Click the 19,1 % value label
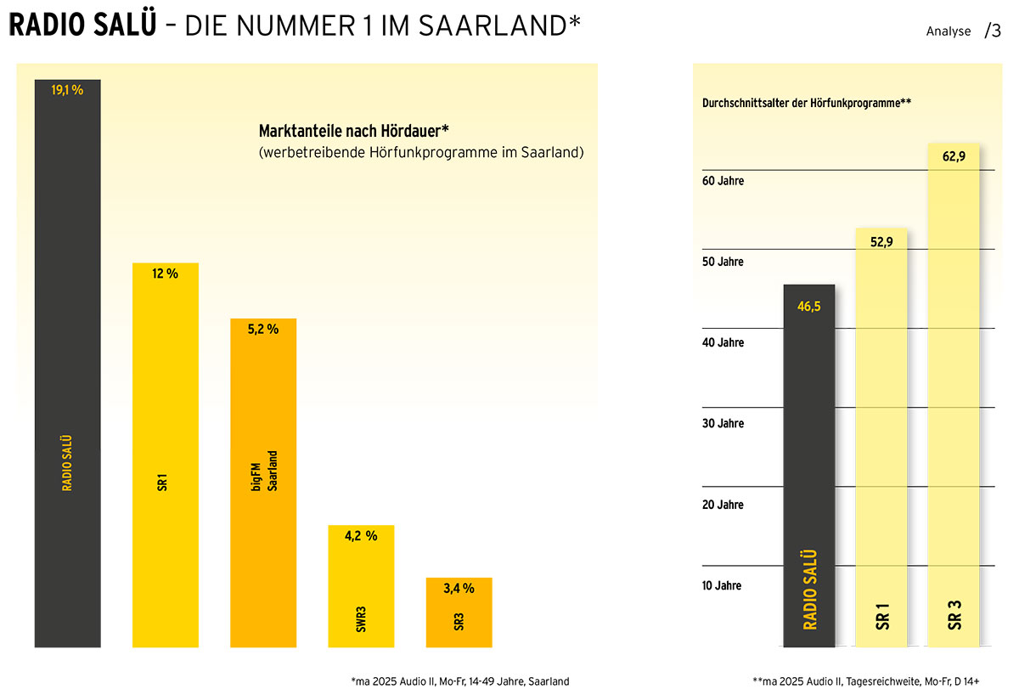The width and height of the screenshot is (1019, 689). click(x=67, y=90)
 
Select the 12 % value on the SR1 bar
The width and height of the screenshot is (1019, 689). click(x=165, y=274)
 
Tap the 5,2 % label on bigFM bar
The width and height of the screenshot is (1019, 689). click(x=263, y=329)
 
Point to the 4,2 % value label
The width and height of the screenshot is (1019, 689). click(x=361, y=536)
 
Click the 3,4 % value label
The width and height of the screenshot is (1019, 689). click(x=459, y=588)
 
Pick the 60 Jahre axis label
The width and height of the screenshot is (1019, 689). click(x=723, y=181)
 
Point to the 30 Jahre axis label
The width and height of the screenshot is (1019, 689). click(x=723, y=424)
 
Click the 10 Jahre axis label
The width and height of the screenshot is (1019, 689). click(x=723, y=585)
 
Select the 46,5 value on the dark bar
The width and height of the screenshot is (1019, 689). click(x=808, y=307)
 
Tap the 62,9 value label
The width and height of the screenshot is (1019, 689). click(x=954, y=155)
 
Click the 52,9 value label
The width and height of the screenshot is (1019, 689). click(x=881, y=242)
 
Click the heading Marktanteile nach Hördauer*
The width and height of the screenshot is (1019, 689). click(x=353, y=133)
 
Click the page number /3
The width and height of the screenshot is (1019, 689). click(x=993, y=31)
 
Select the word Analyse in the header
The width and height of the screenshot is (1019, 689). click(x=948, y=31)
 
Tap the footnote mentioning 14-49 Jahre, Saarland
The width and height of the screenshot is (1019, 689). click(x=459, y=681)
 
